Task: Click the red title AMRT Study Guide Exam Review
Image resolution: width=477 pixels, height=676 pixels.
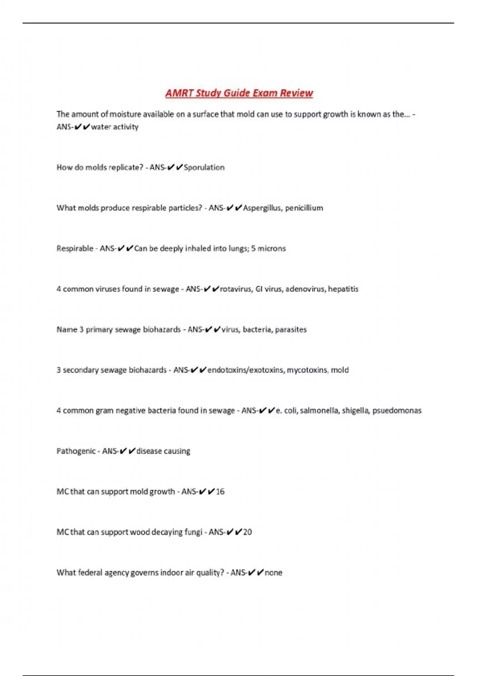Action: tap(239, 93)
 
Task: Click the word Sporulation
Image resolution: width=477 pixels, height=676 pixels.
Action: tap(204, 167)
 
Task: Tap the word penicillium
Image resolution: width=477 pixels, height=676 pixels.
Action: tap(304, 208)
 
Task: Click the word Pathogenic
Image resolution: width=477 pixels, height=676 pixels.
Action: tap(76, 451)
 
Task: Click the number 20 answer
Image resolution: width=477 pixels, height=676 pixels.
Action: tap(247, 532)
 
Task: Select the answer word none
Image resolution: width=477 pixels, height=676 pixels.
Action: tap(273, 573)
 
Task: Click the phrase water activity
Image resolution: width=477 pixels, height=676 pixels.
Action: tap(114, 127)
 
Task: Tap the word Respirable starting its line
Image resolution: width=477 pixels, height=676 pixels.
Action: tap(75, 249)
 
